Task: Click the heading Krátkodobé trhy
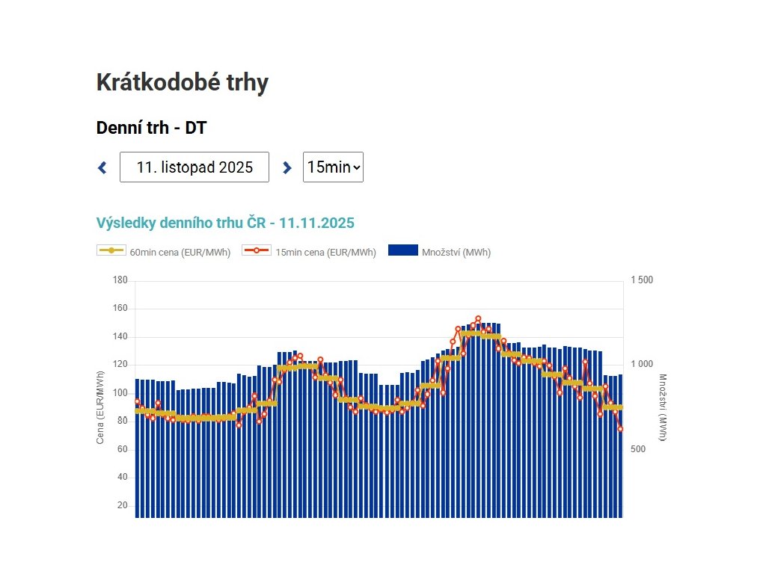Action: click(x=182, y=83)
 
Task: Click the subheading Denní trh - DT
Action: click(x=151, y=128)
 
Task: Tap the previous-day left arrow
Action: click(x=102, y=167)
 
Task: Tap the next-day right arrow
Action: click(x=287, y=167)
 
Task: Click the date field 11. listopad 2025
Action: click(x=194, y=167)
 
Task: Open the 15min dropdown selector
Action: click(x=333, y=167)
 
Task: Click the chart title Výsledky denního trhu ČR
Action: click(x=225, y=223)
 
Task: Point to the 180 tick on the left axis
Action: click(x=120, y=280)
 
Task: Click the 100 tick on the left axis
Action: click(x=120, y=393)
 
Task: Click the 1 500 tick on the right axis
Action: click(x=641, y=280)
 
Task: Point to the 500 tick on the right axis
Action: click(x=637, y=449)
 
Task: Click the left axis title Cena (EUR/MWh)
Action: click(x=100, y=407)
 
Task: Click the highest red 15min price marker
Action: click(x=478, y=319)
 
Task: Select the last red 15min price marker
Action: click(x=620, y=428)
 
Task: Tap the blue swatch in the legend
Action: click(x=402, y=250)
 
